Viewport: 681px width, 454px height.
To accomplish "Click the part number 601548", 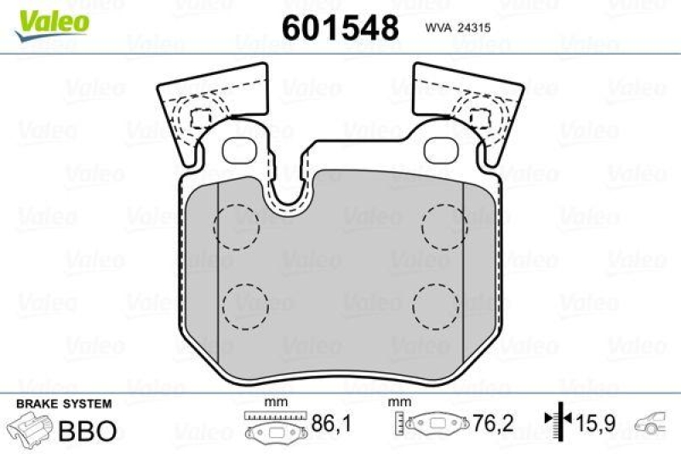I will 340,28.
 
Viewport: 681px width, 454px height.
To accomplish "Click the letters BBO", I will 86,431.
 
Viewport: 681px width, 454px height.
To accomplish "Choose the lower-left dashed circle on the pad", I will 244,304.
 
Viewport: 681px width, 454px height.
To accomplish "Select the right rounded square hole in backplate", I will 441,150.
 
